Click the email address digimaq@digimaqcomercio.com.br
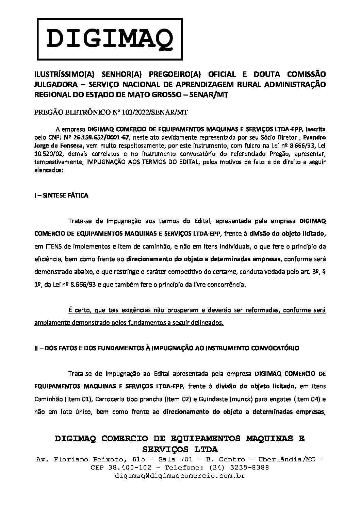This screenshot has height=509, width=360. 180,476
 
